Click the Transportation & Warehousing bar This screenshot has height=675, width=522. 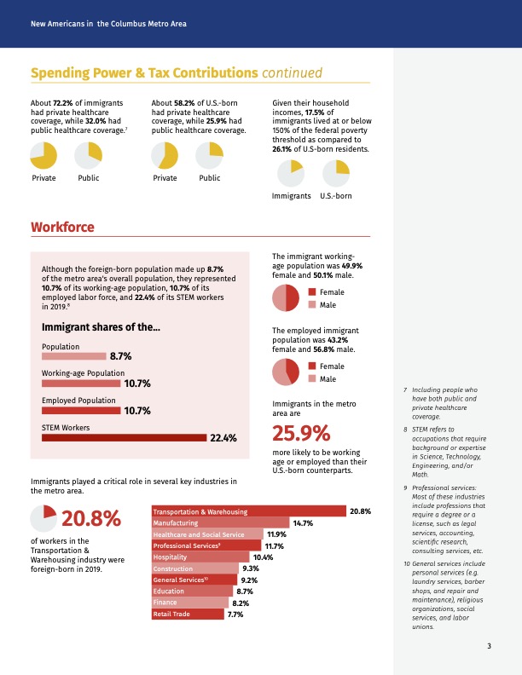pos(249,511)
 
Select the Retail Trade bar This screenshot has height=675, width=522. pos(188,614)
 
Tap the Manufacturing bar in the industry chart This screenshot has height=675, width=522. pos(221,522)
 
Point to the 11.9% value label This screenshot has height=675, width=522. pos(276,534)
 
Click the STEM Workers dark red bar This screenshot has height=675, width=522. pos(124,438)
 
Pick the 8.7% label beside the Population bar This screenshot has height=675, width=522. pos(120,356)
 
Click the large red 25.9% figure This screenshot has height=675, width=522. pos(301,433)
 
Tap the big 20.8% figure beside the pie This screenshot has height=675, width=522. pos(91,518)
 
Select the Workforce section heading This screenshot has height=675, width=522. pos(62,227)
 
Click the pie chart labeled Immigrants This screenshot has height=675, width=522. pos(291,174)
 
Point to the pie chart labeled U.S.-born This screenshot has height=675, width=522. pos(336,174)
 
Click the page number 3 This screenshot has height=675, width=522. pos(489,646)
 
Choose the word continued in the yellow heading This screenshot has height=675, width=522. pos(292,72)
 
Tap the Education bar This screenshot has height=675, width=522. pos(192,591)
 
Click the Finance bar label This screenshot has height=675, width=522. pos(165,603)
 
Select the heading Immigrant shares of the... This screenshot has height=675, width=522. pos(101,327)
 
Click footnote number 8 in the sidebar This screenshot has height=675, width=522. pos(405,430)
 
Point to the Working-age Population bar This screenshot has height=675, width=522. pos(81,384)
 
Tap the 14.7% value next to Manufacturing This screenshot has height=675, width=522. pos(303,523)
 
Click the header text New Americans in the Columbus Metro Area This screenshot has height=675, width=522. pos(108,24)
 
